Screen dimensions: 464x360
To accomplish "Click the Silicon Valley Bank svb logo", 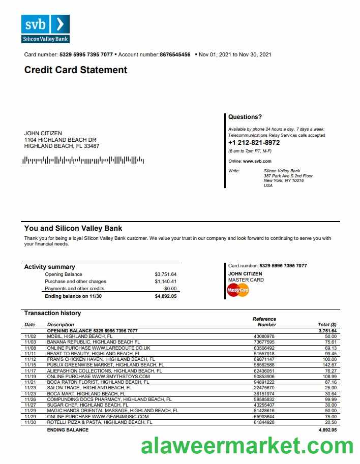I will pos(45,28).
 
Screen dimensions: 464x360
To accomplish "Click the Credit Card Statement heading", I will pos(76,70).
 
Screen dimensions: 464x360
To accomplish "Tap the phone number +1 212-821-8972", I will pos(254,143).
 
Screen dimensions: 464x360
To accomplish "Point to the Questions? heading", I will pos(245,117).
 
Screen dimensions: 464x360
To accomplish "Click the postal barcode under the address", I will pos(84,161).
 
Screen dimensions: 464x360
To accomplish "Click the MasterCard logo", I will pos(238,290).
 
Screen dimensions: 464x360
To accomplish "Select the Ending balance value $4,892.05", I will pos(165,296).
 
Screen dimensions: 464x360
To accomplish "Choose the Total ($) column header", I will pos(327,324).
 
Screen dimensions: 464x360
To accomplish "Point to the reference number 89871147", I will pos(264,359).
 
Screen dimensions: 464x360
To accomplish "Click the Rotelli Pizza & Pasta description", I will pos(100,422).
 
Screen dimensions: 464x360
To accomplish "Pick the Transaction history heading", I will pos(52,313).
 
